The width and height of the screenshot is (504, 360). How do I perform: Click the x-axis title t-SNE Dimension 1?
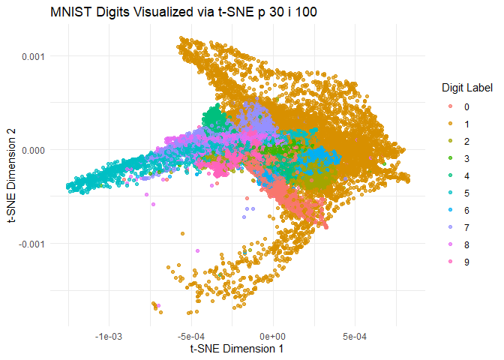(236, 349)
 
